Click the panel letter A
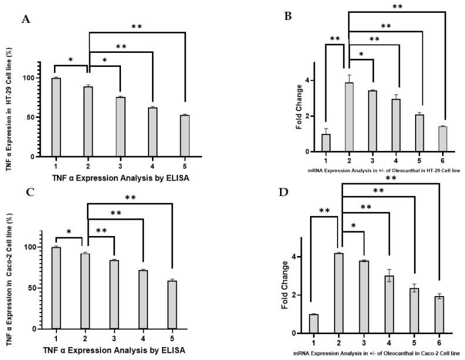coord(26,19)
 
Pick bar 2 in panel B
coord(349,117)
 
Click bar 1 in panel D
coord(330,324)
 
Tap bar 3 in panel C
coord(114,294)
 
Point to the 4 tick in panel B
coord(314,80)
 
